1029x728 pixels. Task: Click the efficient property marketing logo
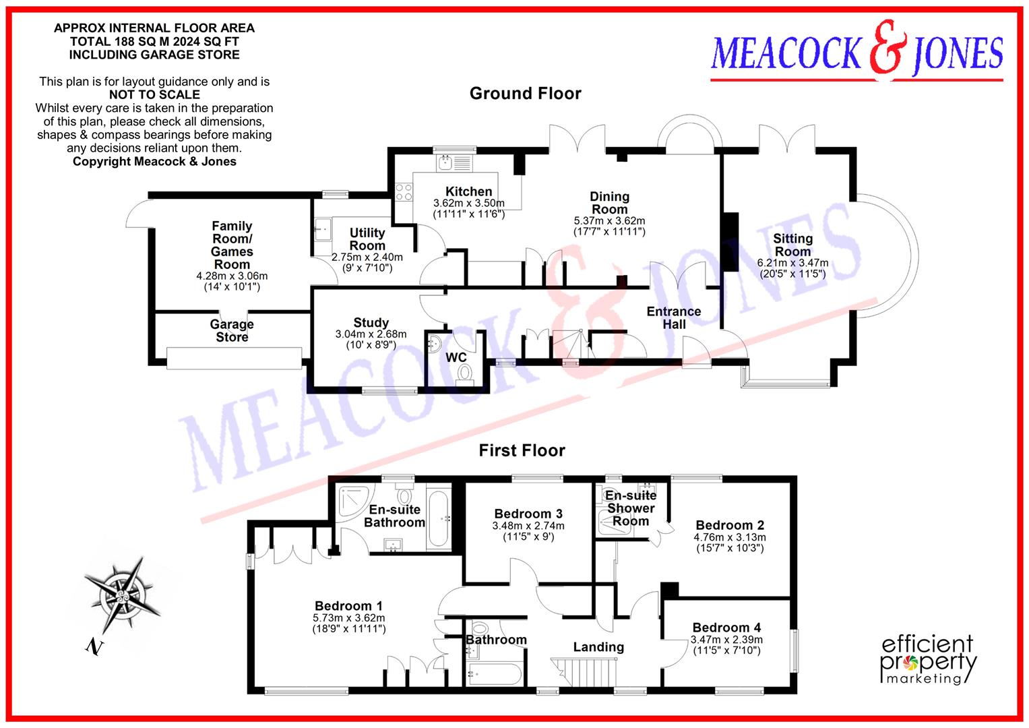coord(929,659)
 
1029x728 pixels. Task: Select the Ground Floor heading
coord(525,94)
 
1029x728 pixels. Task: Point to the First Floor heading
coord(522,450)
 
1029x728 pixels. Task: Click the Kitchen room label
coord(468,191)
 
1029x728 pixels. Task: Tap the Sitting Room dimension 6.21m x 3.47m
coord(792,264)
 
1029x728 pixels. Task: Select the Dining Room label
coord(609,203)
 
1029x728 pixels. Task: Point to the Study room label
coord(371,323)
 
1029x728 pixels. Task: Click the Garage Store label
coord(232,330)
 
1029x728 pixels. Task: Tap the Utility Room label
coord(367,239)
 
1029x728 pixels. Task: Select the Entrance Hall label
coord(673,317)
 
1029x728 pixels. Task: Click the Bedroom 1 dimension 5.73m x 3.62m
coord(349,618)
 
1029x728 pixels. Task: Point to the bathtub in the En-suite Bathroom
coord(441,520)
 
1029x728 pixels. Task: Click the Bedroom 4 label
coord(726,628)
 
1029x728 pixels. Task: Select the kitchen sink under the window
coord(446,162)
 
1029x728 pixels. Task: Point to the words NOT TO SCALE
coord(154,95)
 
